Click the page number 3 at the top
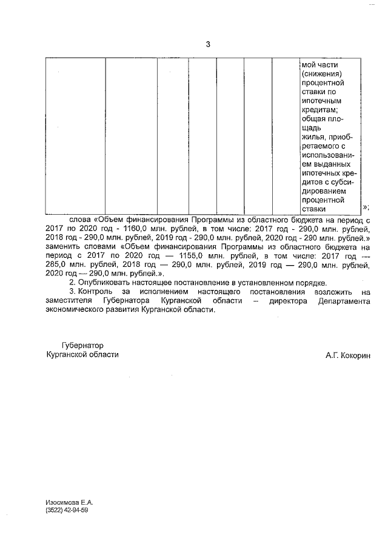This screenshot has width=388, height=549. click(208, 44)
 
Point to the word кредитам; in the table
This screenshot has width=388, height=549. click(318, 110)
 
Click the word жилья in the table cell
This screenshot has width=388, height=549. click(311, 137)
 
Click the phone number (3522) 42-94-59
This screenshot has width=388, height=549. click(66, 511)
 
